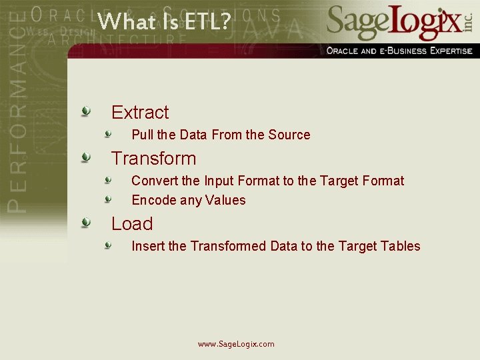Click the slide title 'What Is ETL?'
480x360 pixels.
click(x=164, y=21)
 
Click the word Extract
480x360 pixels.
click(x=140, y=112)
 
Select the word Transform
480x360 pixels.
click(x=153, y=158)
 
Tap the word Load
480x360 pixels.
click(x=132, y=223)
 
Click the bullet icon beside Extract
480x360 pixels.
click(x=86, y=111)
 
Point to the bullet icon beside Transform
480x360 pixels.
click(x=86, y=157)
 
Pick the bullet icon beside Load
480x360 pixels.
click(x=86, y=222)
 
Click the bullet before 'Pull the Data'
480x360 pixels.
click(x=108, y=133)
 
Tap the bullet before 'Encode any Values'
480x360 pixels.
click(x=108, y=199)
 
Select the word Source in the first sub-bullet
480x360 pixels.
click(x=289, y=135)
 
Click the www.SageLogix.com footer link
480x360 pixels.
click(x=236, y=344)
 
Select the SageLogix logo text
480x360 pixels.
click(x=393, y=22)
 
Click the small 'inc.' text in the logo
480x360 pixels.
click(x=469, y=25)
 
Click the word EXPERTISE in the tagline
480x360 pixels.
click(x=445, y=51)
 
